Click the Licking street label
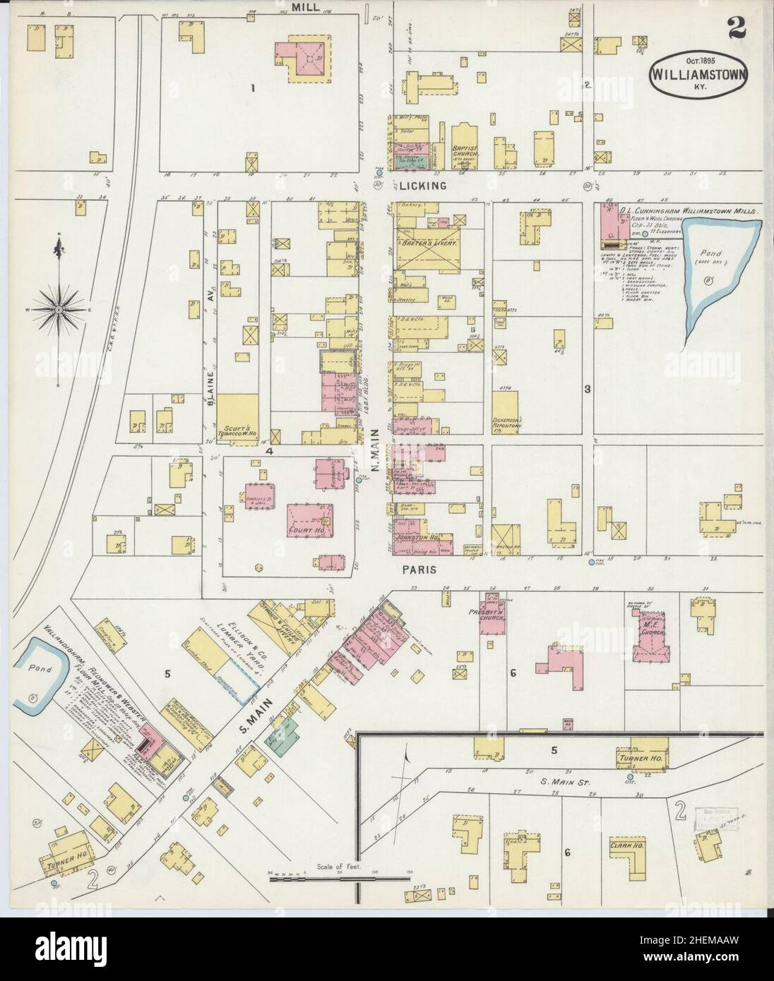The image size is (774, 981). pyautogui.click(x=421, y=186)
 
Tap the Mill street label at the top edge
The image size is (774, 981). pyautogui.click(x=305, y=7)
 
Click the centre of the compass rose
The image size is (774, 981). pyautogui.click(x=58, y=309)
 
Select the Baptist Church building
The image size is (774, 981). pyautogui.click(x=465, y=147)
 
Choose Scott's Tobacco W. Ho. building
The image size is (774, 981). pyautogui.click(x=237, y=418)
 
